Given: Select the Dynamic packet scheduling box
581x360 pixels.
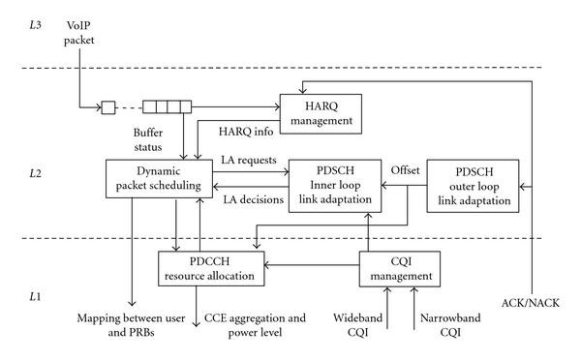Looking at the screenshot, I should pos(157,178).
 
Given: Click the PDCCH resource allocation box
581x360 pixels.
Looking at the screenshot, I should pos(212,267).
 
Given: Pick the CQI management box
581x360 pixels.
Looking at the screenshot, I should pos(400,267).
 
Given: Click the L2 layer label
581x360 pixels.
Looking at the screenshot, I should pos(37,172).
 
